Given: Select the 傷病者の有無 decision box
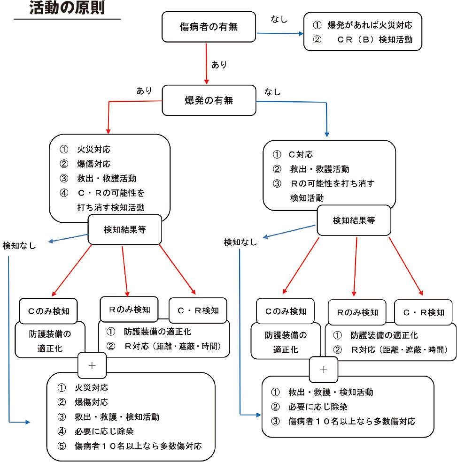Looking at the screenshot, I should click(209, 27).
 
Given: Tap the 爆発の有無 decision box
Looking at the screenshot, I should click(209, 100).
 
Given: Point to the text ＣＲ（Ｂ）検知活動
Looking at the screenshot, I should click(374, 39).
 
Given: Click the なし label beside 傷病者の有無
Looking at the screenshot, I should click(279, 19).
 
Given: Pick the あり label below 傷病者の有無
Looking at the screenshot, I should click(219, 65).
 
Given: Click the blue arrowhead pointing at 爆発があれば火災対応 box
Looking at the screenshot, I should click(301, 34).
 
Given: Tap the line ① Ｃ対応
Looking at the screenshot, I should click(293, 154).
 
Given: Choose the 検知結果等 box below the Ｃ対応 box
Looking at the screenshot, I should click(354, 220).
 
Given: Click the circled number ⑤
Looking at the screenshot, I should click(62, 446).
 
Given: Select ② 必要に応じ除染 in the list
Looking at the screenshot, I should click(312, 406).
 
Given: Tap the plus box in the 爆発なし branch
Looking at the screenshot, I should click(323, 369).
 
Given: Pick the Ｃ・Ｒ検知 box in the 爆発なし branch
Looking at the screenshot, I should click(424, 312).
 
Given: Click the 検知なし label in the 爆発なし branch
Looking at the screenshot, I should click(240, 242).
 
